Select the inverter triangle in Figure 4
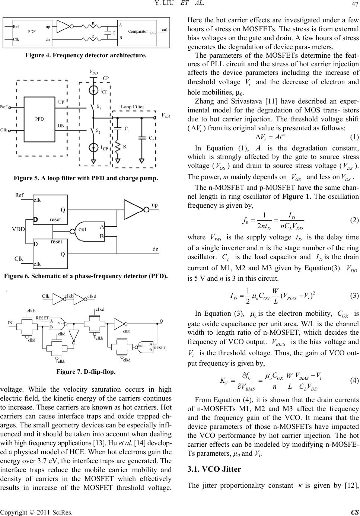[63, 26]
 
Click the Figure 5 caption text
[86, 178]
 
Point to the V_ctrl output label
[166, 115]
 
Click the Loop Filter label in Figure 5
[133, 106]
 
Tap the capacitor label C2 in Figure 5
[151, 138]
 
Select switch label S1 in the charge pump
[99, 106]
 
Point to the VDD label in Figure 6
[18, 229]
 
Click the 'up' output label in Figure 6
[154, 205]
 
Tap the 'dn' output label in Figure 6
[156, 249]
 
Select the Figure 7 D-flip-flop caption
[86, 372]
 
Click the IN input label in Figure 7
[10, 322]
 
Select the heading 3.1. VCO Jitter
[214, 469]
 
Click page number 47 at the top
[355, 4]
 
